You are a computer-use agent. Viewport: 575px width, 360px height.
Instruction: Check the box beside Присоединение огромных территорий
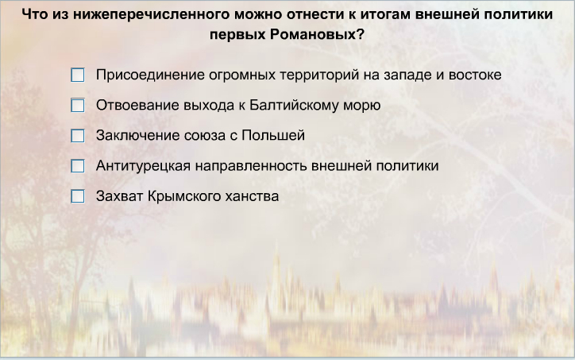[x=77, y=75]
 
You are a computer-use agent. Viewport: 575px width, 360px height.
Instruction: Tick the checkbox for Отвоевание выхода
[x=77, y=106]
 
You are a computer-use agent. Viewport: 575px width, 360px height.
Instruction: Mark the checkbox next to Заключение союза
[x=77, y=136]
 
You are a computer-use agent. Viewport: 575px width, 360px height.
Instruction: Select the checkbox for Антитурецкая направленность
[x=77, y=166]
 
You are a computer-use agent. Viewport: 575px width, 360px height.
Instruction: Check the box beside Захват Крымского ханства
[x=77, y=196]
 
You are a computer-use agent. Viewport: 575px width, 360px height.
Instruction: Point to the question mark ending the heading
[x=361, y=34]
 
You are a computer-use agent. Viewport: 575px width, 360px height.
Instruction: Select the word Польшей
[x=273, y=135]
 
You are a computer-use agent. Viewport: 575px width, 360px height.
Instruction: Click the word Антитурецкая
[x=144, y=166]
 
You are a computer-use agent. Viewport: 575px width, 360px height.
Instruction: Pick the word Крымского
[x=183, y=196]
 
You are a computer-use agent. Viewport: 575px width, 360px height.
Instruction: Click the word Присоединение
[x=150, y=75]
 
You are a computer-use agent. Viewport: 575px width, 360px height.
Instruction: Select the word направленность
[x=251, y=166]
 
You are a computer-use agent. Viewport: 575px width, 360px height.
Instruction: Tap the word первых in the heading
[x=237, y=35]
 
